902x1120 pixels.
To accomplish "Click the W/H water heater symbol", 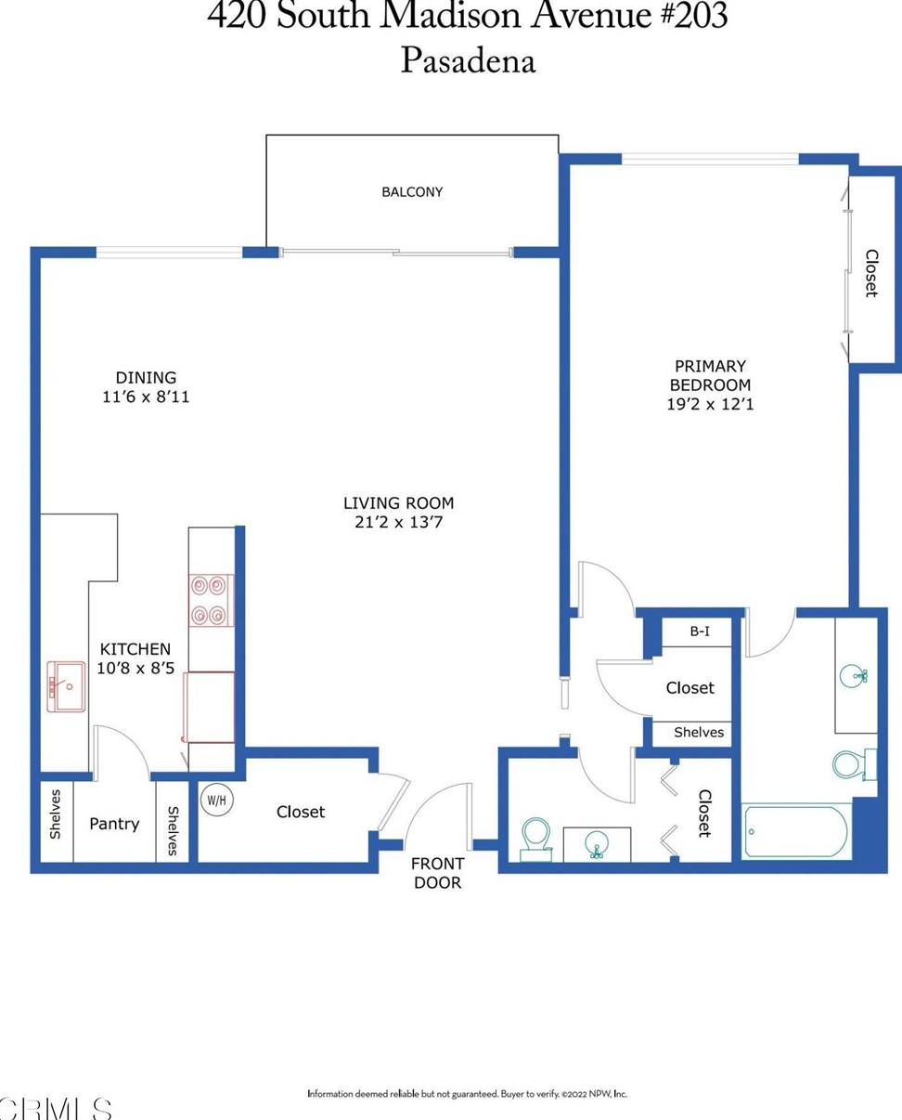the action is point(217,800).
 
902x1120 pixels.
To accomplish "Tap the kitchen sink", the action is point(66,686).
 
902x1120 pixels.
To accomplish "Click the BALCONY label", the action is point(412,192).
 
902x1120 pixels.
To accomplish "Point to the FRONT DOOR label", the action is point(437,873).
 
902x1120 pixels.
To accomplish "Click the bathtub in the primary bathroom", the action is point(796,831).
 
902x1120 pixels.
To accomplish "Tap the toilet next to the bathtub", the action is point(854,764).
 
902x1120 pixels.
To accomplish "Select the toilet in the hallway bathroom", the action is point(536,839).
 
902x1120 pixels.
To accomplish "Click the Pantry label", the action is point(114,824).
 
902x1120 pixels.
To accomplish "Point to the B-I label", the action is point(700,632).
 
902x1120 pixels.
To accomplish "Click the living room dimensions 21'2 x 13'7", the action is point(398,522).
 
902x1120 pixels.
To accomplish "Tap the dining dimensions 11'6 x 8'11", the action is point(146,397).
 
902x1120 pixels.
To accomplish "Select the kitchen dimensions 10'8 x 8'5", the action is point(135,669).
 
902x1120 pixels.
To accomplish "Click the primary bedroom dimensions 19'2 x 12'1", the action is point(710,404).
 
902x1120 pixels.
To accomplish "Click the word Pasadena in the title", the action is point(468,61).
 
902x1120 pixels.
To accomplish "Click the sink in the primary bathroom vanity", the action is point(854,676).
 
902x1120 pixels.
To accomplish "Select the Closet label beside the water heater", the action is point(301,812).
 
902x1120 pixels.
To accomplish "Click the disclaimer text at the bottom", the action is point(467,1093).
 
